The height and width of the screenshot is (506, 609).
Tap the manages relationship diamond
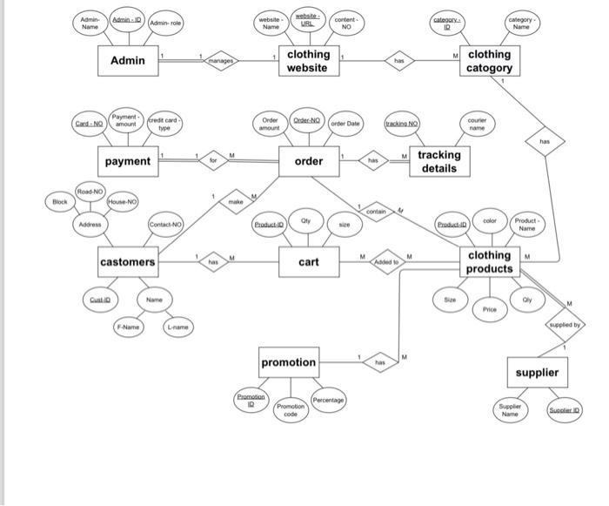(220, 61)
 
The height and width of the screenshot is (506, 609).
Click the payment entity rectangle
(127, 161)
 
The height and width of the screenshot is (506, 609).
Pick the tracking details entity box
(438, 162)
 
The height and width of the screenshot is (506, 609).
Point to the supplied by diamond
(566, 324)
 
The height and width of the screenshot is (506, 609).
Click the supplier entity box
(537, 373)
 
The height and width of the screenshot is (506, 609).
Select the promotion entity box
(289, 361)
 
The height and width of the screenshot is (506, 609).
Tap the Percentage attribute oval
(328, 400)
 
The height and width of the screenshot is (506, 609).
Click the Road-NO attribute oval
(90, 191)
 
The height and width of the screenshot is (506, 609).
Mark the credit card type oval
(164, 124)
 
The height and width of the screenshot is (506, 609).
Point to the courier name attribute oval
(476, 124)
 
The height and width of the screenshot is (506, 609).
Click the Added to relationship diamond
(386, 261)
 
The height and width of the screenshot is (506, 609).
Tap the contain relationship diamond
(376, 212)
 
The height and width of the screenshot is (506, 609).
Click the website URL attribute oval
(307, 18)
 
